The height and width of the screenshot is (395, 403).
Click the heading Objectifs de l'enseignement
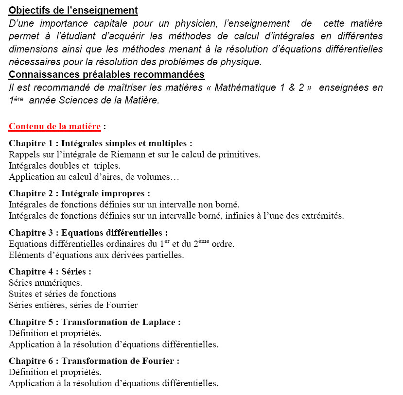click(x=73, y=10)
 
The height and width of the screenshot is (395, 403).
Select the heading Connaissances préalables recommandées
click(x=106, y=75)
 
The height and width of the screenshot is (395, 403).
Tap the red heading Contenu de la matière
click(x=54, y=127)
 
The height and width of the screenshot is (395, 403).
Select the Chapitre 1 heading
click(x=100, y=143)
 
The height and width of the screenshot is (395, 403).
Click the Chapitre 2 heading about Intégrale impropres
click(x=79, y=193)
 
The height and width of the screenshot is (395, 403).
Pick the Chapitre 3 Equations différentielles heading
click(x=88, y=233)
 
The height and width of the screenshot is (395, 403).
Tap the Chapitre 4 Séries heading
click(x=50, y=272)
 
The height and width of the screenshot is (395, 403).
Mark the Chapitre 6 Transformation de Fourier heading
click(x=94, y=361)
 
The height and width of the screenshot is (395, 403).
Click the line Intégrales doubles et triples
click(x=64, y=166)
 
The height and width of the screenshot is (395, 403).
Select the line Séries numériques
click(x=45, y=283)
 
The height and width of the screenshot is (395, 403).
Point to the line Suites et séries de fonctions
click(x=62, y=294)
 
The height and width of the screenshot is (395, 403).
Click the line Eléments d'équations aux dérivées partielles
click(x=96, y=255)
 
